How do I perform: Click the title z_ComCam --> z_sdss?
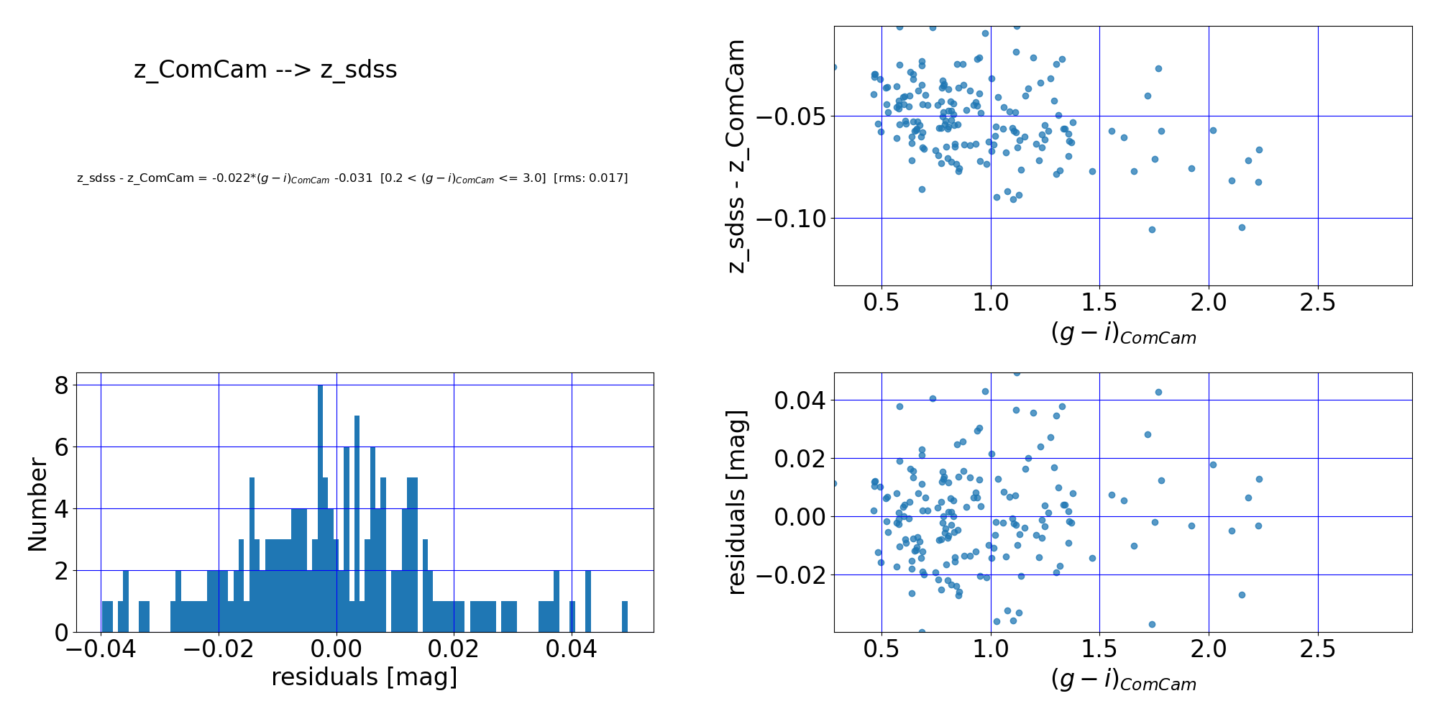(265, 70)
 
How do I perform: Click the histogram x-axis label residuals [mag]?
(364, 677)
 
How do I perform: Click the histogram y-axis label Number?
(37, 503)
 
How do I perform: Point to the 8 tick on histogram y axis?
(61, 386)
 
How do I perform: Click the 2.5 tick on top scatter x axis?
(1318, 303)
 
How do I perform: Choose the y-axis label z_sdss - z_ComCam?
(736, 156)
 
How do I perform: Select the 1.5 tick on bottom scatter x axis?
(1099, 649)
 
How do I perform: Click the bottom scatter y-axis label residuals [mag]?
(736, 502)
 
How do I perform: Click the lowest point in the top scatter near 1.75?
(1152, 230)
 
